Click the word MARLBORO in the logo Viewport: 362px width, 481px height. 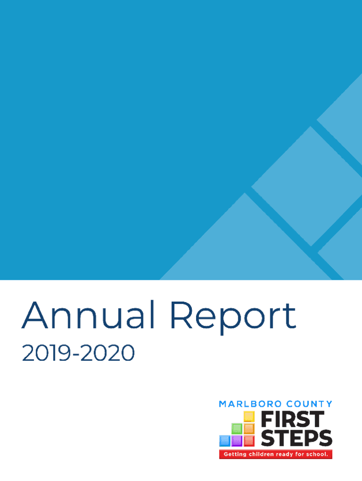248,404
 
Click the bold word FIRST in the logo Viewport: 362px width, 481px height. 292,419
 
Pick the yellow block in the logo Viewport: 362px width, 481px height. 249,417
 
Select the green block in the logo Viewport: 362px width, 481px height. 237,428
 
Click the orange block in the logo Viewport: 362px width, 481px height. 249,428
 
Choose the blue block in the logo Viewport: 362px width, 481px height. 225,441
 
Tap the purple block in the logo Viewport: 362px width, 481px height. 237,441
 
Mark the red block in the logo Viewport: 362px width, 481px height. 249,441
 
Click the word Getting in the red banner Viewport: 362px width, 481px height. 234,454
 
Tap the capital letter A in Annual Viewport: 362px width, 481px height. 36,316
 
